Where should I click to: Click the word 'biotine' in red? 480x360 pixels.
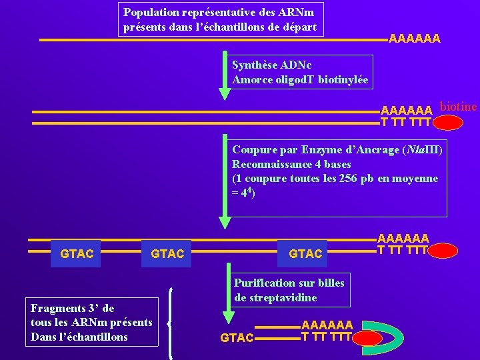(x=459, y=107)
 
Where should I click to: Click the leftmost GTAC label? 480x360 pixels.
(x=77, y=254)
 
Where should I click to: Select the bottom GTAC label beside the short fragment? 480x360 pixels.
(x=237, y=338)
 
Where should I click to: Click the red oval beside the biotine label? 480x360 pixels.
(x=448, y=123)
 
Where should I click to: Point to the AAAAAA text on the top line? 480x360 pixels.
(x=414, y=39)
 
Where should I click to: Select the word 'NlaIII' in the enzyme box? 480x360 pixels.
(x=423, y=149)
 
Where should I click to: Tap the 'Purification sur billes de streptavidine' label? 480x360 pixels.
(x=289, y=290)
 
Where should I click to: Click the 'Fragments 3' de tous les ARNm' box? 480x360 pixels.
(x=92, y=322)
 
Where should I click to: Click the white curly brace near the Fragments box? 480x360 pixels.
(x=172, y=324)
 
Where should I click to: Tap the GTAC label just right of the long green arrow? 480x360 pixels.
(x=305, y=254)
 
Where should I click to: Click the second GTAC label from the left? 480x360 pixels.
(x=168, y=254)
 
